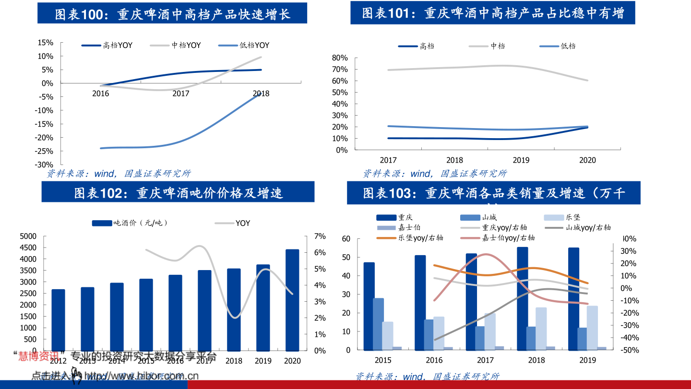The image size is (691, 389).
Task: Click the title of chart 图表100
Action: tap(172, 14)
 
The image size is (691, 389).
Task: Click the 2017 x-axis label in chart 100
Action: tap(181, 94)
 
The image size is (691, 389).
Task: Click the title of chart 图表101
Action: tap(492, 13)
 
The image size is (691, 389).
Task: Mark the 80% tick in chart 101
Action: tap(339, 58)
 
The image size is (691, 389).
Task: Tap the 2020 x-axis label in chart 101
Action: tap(587, 160)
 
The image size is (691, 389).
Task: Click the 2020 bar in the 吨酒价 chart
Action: tap(292, 300)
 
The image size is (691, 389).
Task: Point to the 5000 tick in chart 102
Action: tap(28, 236)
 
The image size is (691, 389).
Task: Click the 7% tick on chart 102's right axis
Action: tap(320, 236)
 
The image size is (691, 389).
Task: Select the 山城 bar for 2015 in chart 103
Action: tap(379, 324)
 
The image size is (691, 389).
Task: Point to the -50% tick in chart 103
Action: tap(630, 350)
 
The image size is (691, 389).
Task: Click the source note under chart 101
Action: tap(434, 174)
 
